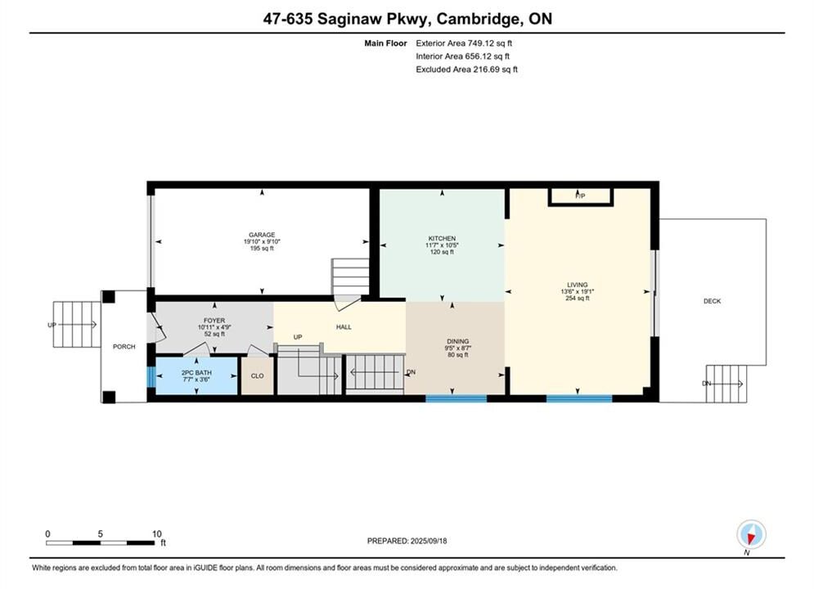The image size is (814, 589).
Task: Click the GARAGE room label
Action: [262, 235]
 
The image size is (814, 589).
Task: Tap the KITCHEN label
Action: [442, 238]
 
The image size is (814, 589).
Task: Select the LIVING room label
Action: [578, 285]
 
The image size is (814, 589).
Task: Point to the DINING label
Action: [458, 341]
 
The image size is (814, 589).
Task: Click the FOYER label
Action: [214, 321]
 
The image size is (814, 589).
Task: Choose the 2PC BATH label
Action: [196, 372]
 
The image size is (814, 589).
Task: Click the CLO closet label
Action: [258, 375]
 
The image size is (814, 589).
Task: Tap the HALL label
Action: [344, 327]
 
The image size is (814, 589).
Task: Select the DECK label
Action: [713, 301]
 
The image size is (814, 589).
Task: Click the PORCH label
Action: [124, 347]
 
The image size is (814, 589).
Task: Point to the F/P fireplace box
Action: [581, 196]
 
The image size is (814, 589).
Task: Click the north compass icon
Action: [751, 534]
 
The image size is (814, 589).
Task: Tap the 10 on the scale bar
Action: [157, 533]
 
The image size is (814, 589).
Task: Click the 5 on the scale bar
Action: [100, 533]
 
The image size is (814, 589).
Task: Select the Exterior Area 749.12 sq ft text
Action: [464, 43]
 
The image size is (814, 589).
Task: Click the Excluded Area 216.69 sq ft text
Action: [466, 69]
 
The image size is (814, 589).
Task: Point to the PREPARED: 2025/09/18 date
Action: [407, 541]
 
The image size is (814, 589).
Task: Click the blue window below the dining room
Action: [456, 398]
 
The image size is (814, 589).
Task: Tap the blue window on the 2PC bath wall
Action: [151, 377]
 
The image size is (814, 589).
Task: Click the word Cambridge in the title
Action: [478, 19]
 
